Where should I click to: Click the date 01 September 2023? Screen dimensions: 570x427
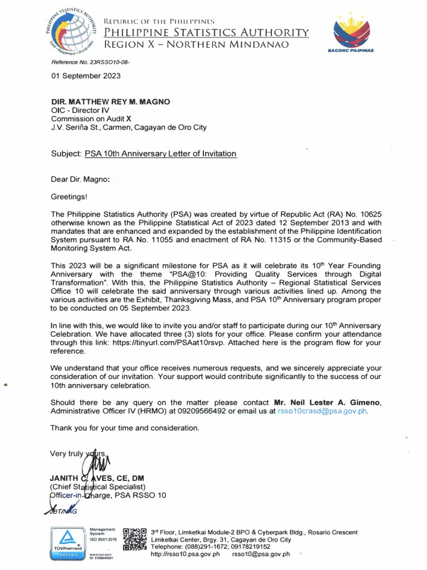[86, 76]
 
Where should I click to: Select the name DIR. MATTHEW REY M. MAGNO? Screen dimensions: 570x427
[111, 102]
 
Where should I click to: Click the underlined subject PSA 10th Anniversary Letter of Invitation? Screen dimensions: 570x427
[160, 154]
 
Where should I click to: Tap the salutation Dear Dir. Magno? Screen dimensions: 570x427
[80, 179]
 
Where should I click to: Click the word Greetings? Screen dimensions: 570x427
[69, 196]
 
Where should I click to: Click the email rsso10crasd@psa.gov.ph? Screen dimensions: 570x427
[322, 411]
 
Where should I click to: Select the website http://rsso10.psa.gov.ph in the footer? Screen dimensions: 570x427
[185, 554]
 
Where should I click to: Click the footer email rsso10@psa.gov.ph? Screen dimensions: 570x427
[261, 554]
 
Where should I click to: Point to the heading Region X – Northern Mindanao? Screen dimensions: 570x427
[197, 45]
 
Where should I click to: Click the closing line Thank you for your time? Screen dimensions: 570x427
[125, 428]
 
